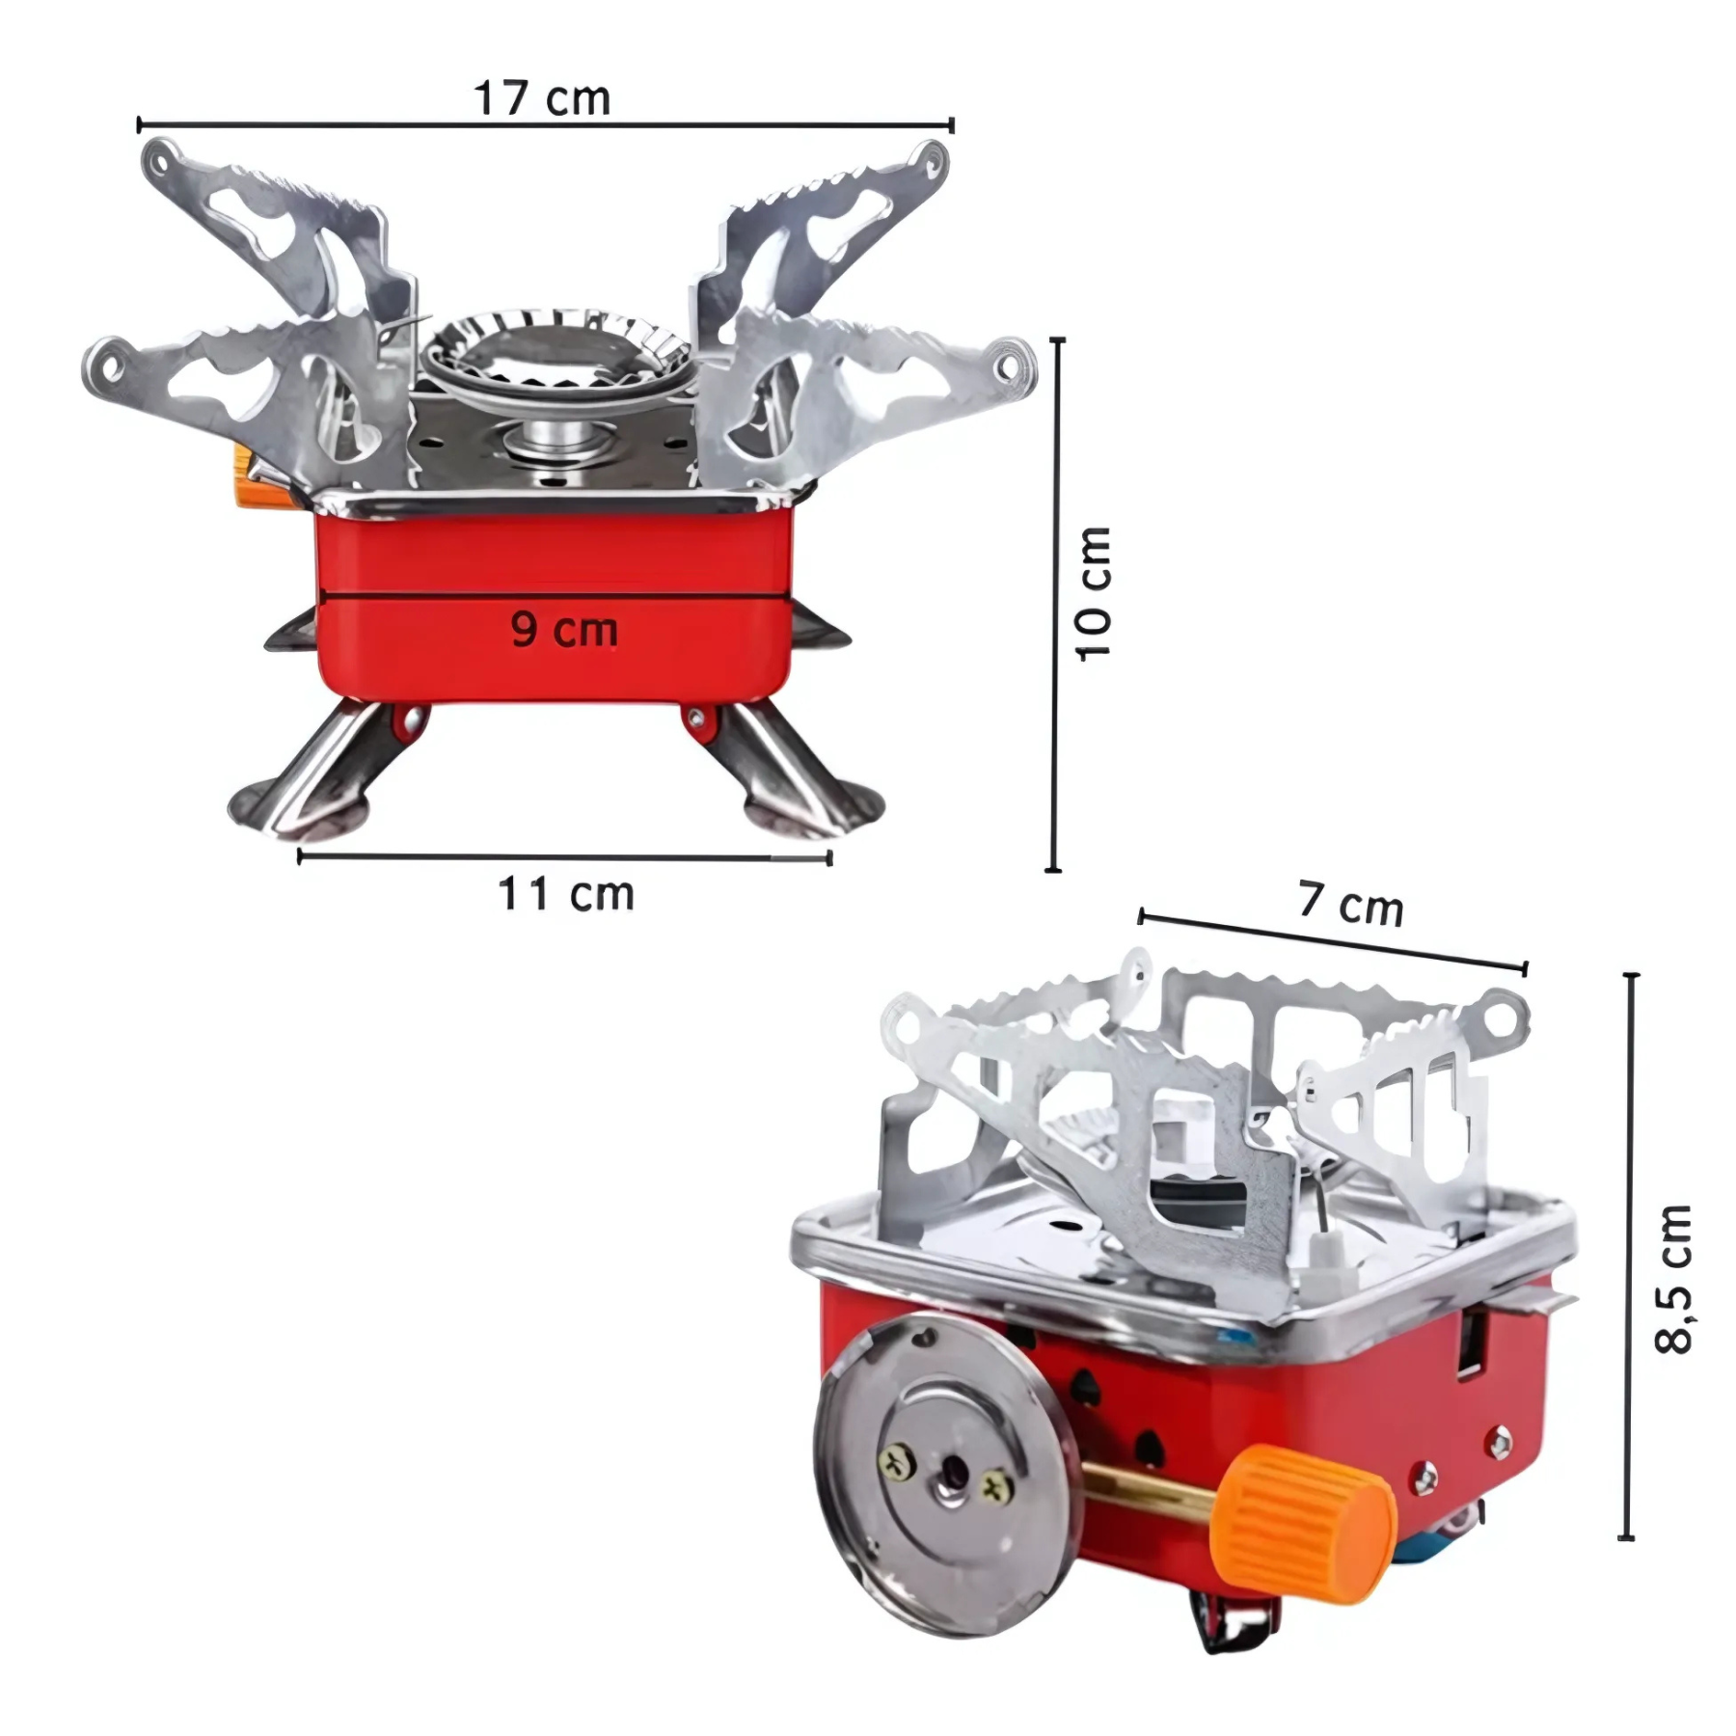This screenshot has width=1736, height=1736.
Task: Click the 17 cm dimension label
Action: (542, 98)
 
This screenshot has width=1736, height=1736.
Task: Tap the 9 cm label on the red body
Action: (564, 629)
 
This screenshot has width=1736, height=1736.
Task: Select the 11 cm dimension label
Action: (566, 894)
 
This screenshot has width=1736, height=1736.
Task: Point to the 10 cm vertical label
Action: (1095, 593)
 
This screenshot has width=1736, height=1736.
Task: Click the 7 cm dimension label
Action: (1350, 904)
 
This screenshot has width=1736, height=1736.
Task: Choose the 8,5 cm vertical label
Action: (1673, 1279)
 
